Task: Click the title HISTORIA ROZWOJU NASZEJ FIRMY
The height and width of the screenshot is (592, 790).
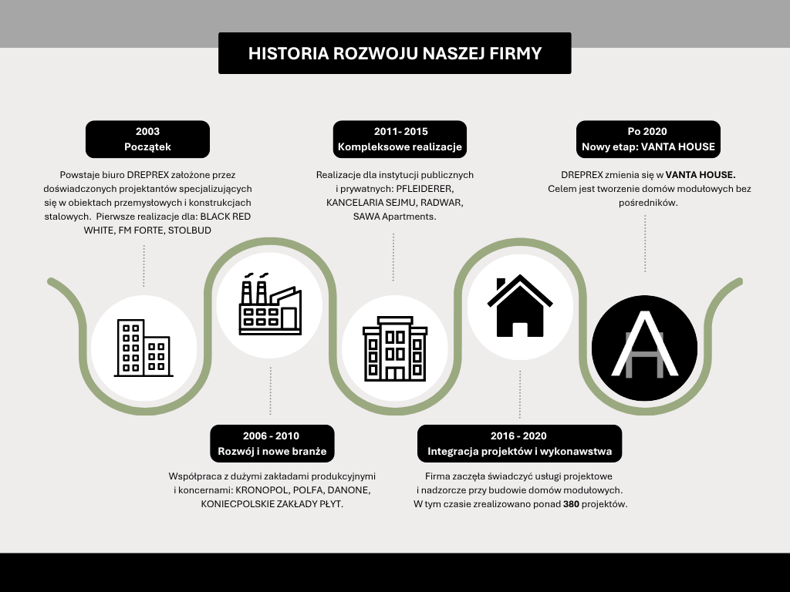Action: tap(394, 53)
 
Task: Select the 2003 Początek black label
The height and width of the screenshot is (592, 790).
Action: tap(147, 139)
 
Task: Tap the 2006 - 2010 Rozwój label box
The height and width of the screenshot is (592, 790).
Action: tap(272, 443)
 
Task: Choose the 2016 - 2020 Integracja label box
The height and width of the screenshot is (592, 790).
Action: tap(519, 443)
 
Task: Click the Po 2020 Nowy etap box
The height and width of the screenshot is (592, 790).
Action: tap(648, 139)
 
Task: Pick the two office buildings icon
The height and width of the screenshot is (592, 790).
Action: tap(143, 348)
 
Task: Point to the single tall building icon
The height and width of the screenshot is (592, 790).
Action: tap(394, 348)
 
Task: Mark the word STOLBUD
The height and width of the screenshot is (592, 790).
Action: tap(189, 230)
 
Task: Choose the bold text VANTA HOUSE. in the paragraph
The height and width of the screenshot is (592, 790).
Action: tap(701, 175)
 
